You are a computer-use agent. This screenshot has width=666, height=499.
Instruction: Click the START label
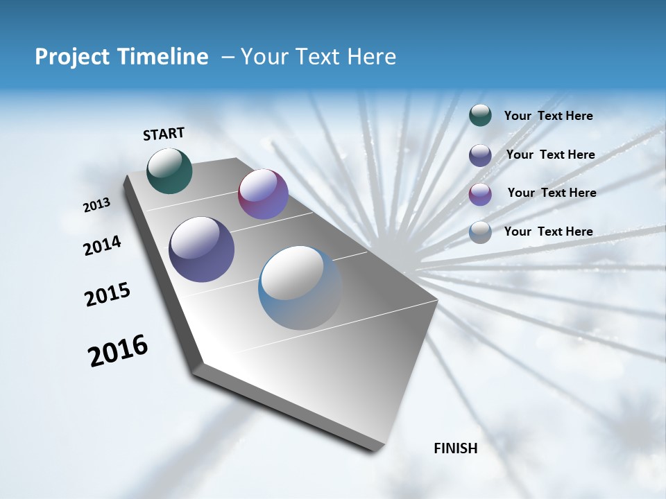(x=164, y=134)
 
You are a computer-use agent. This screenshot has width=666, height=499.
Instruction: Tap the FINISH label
(x=455, y=448)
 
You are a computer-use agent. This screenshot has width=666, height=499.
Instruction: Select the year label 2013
(x=96, y=205)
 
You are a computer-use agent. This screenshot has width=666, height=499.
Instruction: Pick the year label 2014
(x=102, y=246)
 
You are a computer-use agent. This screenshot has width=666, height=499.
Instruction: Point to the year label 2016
(x=118, y=351)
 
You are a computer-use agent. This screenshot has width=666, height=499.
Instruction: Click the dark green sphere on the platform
(x=169, y=170)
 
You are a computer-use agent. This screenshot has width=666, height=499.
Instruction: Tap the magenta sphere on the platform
(x=263, y=194)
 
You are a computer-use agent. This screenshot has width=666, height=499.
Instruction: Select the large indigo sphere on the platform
(x=201, y=249)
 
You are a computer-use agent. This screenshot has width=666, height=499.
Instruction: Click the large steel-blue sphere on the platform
(x=300, y=288)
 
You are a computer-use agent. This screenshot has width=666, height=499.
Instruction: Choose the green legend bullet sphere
(x=480, y=115)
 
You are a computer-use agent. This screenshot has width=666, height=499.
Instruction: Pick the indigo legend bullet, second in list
(x=480, y=155)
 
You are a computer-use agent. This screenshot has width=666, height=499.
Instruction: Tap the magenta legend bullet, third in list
(x=480, y=193)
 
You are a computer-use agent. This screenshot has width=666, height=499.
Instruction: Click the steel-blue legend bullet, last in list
(x=480, y=231)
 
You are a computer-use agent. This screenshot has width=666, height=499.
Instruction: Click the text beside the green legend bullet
(x=548, y=116)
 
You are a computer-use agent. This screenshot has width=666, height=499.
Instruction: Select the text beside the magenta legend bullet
(x=552, y=193)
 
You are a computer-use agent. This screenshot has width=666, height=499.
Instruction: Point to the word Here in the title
(x=371, y=57)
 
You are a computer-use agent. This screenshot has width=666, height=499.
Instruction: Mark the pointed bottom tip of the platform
(x=375, y=448)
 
